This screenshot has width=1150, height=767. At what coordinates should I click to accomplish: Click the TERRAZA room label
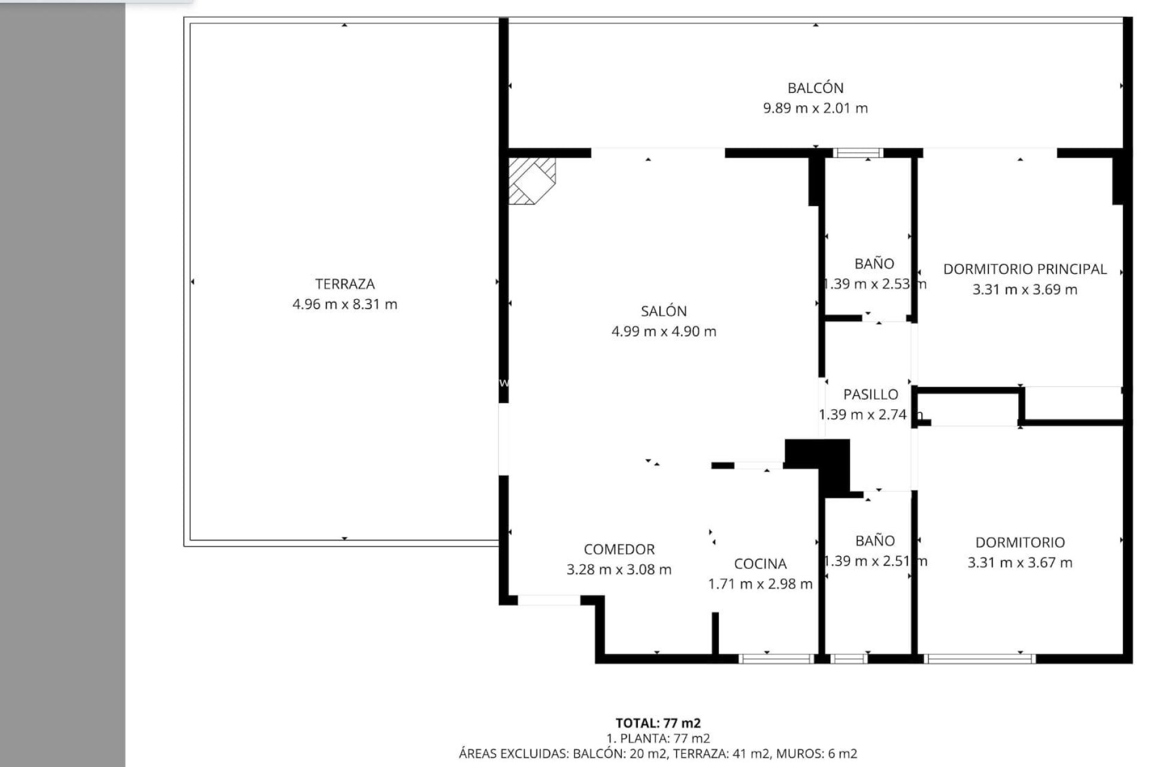344,284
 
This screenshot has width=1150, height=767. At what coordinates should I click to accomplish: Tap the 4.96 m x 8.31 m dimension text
344,304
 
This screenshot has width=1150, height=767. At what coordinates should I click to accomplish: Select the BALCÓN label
815,88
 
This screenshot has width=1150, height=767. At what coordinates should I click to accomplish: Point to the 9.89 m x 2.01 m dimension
815,108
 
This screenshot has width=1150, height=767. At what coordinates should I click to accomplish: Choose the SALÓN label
664,311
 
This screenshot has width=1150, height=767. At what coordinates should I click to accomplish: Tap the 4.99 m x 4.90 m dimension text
664,331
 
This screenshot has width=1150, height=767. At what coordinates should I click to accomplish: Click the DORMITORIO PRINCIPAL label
1025,269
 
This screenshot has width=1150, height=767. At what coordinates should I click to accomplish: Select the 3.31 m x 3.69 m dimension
1025,289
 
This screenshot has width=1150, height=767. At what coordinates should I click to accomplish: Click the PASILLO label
870,394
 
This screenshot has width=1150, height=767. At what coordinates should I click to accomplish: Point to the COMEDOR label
619,549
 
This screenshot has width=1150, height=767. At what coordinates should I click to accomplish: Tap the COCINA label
760,564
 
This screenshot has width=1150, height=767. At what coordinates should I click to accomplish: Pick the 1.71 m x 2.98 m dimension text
760,584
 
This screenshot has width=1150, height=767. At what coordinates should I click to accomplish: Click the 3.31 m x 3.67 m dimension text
1019,563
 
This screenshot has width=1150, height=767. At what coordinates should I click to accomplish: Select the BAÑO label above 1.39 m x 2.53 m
874,264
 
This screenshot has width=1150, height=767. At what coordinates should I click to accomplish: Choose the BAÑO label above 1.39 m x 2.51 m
874,541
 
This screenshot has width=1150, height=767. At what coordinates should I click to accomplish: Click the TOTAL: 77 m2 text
658,723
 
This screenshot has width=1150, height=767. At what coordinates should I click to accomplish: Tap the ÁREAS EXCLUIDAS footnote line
658,754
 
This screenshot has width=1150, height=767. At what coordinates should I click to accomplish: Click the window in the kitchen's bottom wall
775,659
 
